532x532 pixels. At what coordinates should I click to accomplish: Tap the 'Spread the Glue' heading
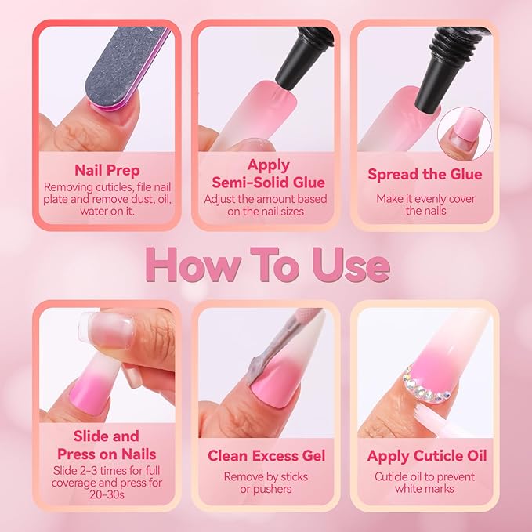pos(425,174)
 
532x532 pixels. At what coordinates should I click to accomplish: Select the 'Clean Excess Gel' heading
pos(266,455)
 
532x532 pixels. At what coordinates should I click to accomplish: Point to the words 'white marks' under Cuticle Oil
pos(425,490)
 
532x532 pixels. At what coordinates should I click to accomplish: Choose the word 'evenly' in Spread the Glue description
pos(425,199)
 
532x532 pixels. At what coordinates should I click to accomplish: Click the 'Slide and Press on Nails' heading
pos(107,445)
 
